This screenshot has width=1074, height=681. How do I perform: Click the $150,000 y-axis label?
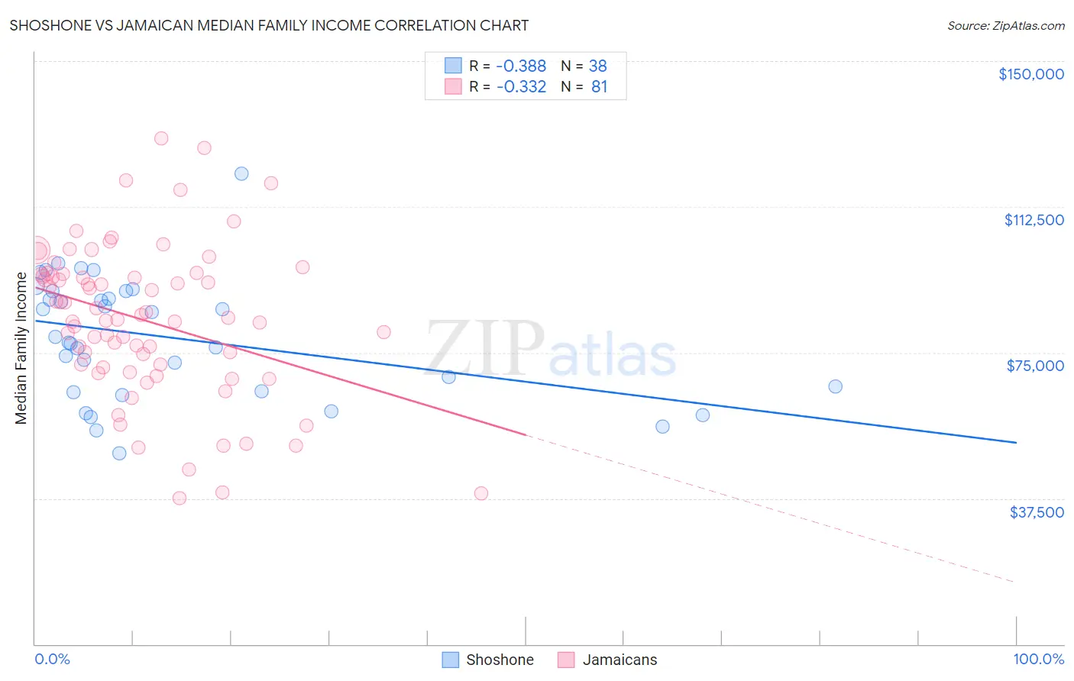point(1030,74)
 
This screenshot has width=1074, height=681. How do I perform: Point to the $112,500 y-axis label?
point(1034,220)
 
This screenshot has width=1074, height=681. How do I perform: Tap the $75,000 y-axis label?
point(1035,366)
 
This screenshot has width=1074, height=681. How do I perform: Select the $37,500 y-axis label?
point(1037,512)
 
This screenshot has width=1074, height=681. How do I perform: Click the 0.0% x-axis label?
point(52,659)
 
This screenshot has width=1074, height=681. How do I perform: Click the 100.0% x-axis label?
point(1038,659)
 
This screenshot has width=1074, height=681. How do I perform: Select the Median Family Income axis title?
point(21,348)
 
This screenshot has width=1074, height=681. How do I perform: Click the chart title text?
point(269,25)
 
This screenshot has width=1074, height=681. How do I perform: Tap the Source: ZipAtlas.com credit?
point(1005,25)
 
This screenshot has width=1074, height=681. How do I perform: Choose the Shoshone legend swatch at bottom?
point(451,660)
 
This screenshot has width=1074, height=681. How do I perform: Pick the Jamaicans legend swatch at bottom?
point(566,660)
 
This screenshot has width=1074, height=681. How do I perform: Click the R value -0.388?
point(521,66)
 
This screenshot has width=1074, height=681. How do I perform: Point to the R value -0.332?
point(521,87)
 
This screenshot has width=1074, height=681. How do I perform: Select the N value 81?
point(599,87)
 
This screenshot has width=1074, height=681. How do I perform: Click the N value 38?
point(597,66)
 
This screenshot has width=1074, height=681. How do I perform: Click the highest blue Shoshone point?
point(241,173)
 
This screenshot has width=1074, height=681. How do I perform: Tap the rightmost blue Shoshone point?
point(835,386)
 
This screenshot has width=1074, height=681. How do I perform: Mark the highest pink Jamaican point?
point(161,138)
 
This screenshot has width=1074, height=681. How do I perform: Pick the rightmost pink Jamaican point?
point(481,493)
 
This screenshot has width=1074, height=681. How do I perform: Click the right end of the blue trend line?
point(1016,442)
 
